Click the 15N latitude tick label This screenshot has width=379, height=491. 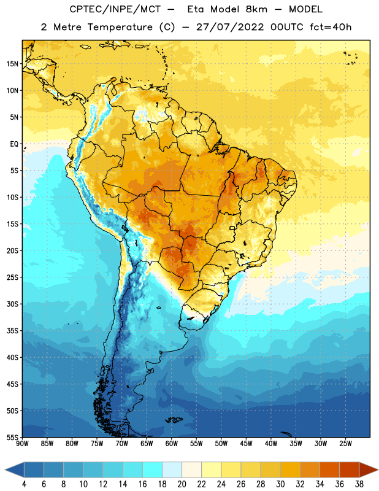click(x=12, y=64)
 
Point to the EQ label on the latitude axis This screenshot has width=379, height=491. click(x=14, y=144)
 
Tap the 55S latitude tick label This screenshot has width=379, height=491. click(x=12, y=437)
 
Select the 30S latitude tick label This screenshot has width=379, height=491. click(x=12, y=304)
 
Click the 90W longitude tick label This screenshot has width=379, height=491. click(x=22, y=444)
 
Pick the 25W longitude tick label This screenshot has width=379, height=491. click(x=345, y=444)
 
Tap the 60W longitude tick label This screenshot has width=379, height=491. click(x=172, y=444)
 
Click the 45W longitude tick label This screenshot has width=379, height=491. click(x=247, y=444)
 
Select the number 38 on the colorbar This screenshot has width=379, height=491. click(x=359, y=484)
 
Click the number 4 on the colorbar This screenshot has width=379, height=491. click(x=24, y=484)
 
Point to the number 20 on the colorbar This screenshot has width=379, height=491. click(x=182, y=484)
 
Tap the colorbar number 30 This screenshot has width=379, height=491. click(x=280, y=484)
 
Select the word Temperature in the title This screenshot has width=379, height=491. click(x=120, y=27)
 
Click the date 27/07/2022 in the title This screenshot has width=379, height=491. click(x=230, y=27)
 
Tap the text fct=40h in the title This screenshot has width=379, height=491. click(x=331, y=27)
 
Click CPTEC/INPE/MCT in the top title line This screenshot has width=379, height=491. click(x=115, y=9)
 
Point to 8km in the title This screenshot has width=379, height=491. click(x=256, y=9)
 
